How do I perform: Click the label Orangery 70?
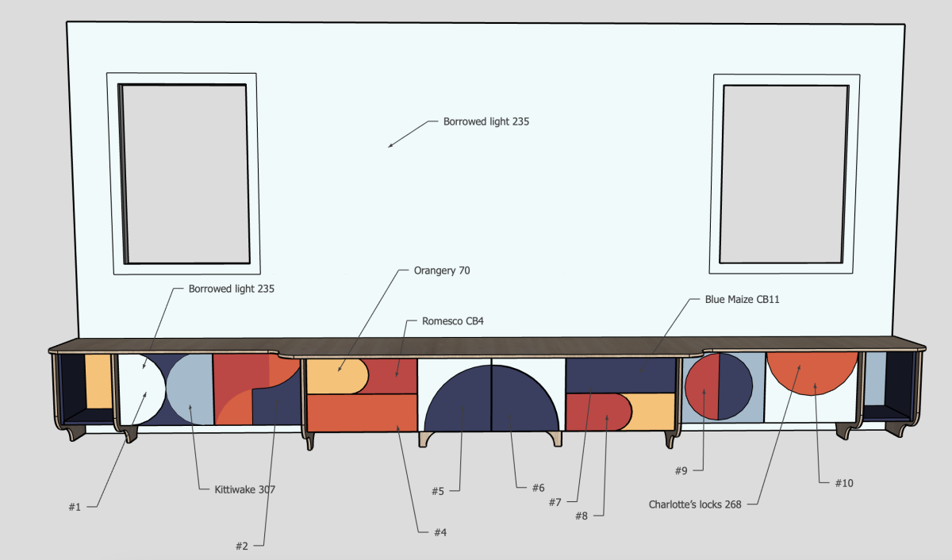point(442,270)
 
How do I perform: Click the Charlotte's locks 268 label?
point(695,504)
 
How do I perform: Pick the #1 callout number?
point(74,507)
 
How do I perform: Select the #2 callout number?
point(242,546)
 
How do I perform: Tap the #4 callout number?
point(440,532)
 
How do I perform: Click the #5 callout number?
point(438,491)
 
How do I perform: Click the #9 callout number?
point(681,470)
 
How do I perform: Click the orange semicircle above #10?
point(812,371)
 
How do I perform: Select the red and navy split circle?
point(718,386)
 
